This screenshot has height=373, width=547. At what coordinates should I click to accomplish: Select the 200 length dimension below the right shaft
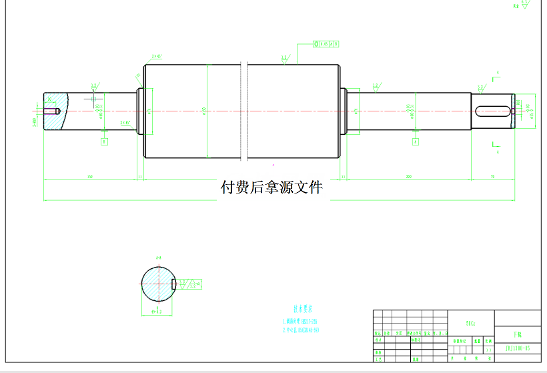click(x=408, y=177)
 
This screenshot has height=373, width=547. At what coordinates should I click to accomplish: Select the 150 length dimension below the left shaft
click(x=89, y=177)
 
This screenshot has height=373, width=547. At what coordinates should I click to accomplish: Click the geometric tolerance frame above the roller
click(x=325, y=44)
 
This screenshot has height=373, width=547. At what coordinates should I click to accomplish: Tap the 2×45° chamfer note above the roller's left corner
click(x=157, y=57)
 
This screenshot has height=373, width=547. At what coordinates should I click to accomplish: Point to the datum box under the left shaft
click(x=104, y=141)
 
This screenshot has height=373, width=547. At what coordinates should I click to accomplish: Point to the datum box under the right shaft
click(x=416, y=141)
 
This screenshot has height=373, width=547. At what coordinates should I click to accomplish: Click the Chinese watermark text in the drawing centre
click(x=271, y=188)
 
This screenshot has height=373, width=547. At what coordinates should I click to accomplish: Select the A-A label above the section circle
click(x=159, y=258)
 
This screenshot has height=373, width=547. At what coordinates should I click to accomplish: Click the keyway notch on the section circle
click(x=174, y=284)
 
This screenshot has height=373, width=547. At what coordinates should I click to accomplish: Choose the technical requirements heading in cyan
click(x=302, y=309)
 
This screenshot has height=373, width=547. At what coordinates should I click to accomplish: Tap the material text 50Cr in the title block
click(x=470, y=324)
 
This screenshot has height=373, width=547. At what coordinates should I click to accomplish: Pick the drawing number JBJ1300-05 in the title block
click(x=517, y=348)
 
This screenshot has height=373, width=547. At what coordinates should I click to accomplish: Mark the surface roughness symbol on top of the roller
click(x=285, y=59)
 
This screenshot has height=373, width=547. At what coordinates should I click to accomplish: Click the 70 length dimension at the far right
click(x=493, y=177)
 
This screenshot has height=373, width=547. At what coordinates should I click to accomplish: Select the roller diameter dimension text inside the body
click(x=203, y=111)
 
